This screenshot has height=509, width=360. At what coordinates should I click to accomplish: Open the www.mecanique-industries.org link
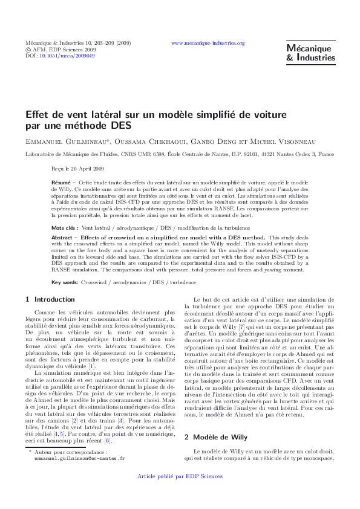point(208,44)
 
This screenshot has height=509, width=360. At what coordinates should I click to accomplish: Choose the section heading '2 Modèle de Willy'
point(220,436)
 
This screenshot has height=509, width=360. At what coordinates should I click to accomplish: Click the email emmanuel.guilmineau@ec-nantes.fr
point(80,476)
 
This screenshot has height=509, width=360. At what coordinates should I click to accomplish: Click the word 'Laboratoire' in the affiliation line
point(41,155)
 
